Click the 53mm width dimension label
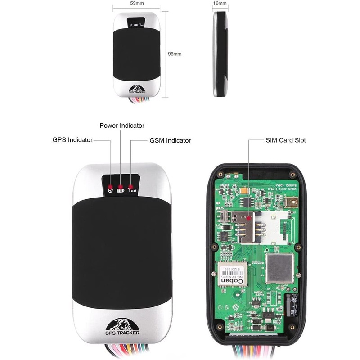coord(137,3)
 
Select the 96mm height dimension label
coord(175,54)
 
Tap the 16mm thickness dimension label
coord(220,3)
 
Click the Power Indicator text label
coord(122,126)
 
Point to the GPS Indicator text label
coord(72,140)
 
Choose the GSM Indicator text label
coord(170,140)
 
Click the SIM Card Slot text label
coord(285,140)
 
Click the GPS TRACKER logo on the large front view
coord(122,327)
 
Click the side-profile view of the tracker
coord(220,54)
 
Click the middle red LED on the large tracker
coord(121,186)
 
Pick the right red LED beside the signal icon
coord(130,186)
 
